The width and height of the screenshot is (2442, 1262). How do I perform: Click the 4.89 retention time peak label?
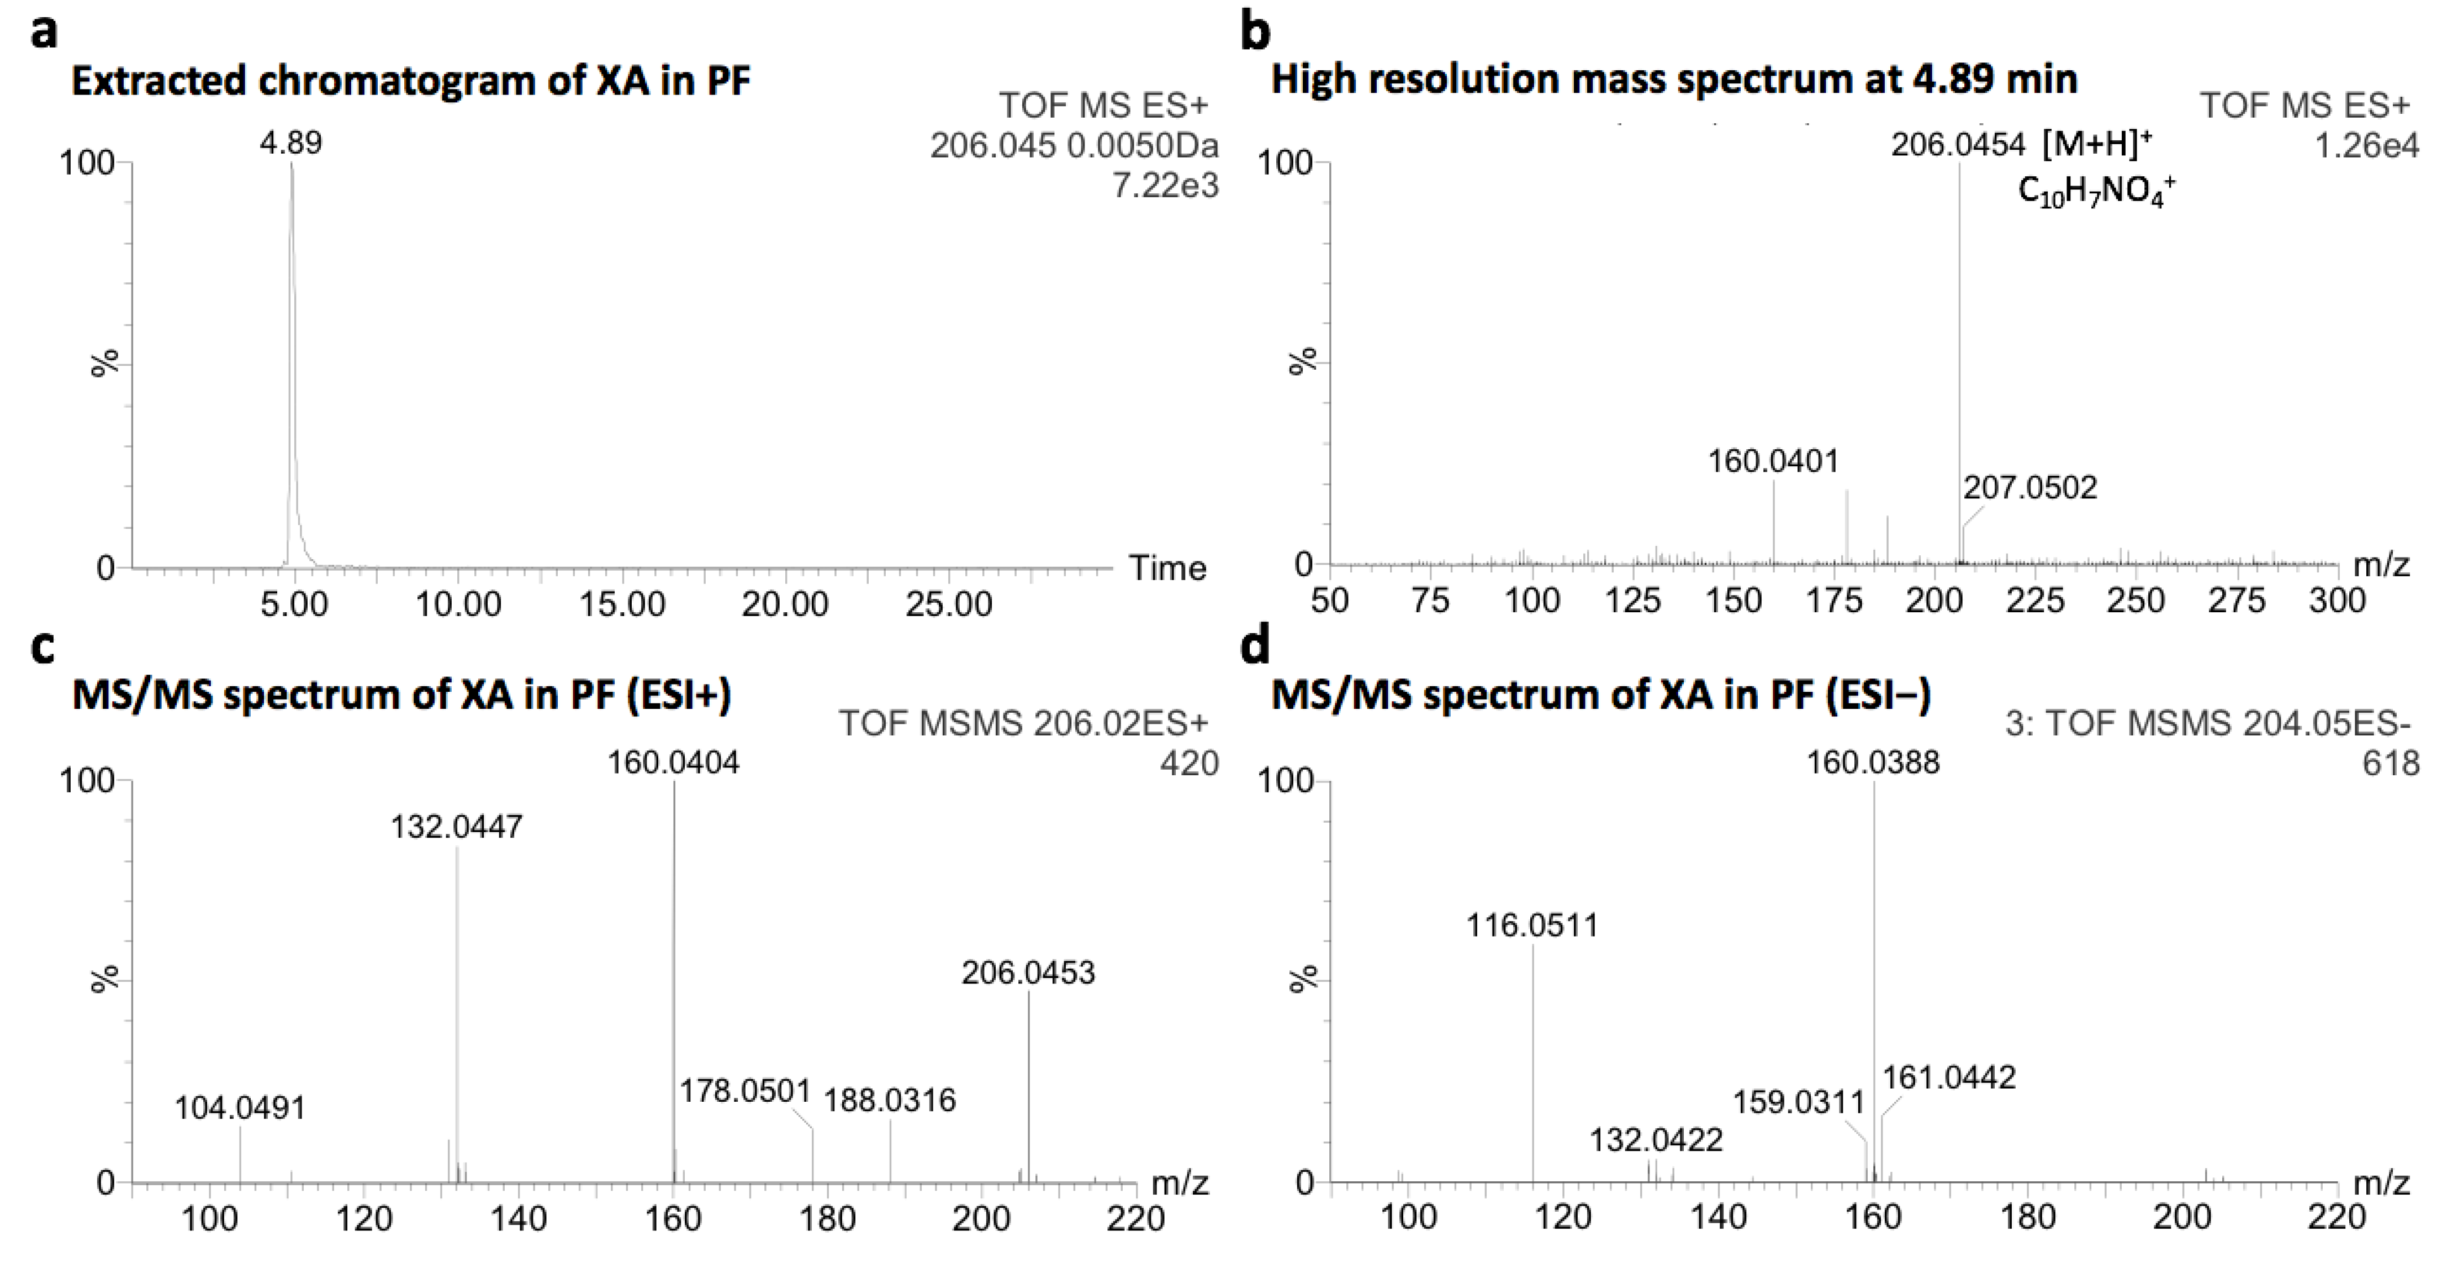tap(291, 143)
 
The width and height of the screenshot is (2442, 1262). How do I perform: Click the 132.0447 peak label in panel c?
tap(456, 827)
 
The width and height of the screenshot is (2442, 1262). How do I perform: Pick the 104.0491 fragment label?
tap(240, 1107)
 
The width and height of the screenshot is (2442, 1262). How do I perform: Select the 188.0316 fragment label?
tap(889, 1100)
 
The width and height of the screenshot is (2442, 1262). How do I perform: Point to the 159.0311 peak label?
tap(1798, 1102)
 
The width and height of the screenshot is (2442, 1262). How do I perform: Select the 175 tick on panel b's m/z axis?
tap(1832, 600)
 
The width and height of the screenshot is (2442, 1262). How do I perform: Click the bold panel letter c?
tap(43, 646)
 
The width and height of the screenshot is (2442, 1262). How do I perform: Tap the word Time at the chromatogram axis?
tap(1167, 568)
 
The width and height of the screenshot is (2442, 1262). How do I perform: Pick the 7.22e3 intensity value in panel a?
tap(1165, 186)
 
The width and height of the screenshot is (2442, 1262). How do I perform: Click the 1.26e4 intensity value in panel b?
tap(2366, 145)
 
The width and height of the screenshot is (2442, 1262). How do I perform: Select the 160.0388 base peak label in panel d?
tap(1872, 763)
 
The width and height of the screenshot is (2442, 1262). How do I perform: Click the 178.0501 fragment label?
tap(745, 1091)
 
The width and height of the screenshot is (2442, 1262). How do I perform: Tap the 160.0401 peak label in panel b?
tap(1773, 462)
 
